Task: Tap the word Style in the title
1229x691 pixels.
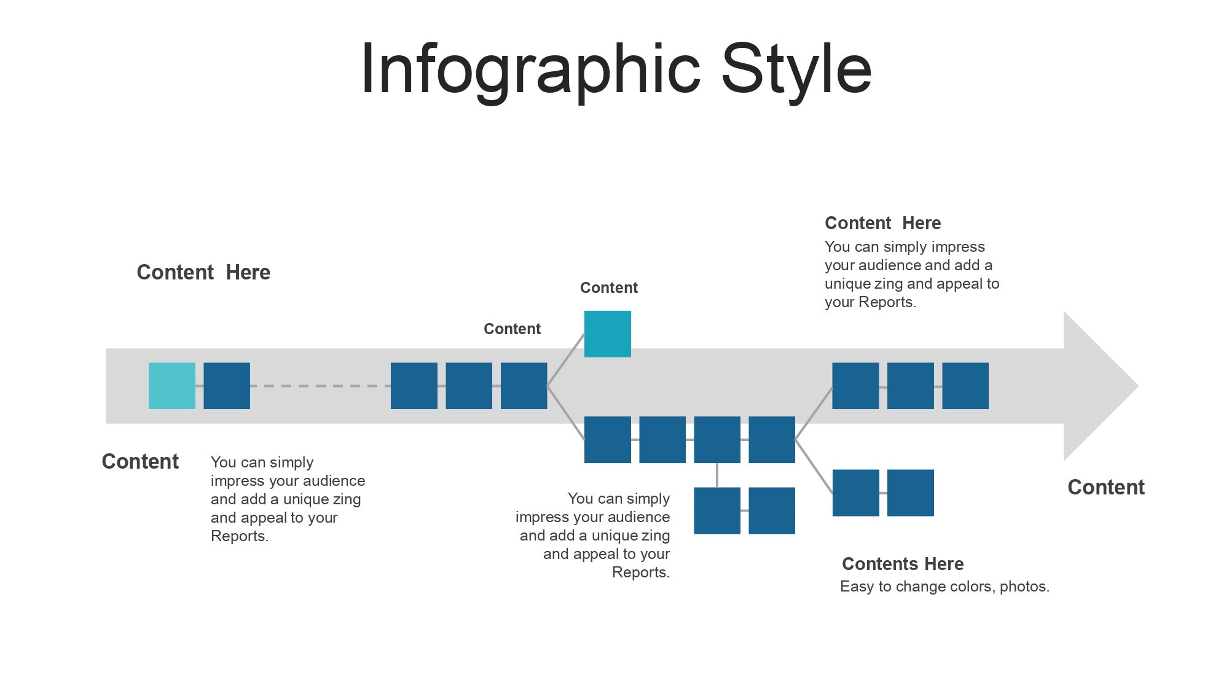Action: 796,69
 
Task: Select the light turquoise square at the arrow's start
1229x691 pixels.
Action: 172,386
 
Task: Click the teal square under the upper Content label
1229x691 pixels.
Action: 608,334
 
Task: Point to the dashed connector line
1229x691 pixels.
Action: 320,386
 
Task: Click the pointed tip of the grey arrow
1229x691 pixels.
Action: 1138,386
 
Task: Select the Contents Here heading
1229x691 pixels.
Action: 903,564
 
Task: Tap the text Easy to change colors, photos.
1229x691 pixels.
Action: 944,587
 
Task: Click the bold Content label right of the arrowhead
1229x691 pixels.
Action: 1106,487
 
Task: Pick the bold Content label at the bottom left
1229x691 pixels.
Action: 140,461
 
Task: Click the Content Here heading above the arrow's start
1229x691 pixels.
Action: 203,272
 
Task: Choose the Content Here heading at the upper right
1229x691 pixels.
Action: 882,223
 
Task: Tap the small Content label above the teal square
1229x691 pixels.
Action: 609,287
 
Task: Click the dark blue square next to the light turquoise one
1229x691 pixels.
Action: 227,386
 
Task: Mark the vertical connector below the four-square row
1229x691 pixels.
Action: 717,475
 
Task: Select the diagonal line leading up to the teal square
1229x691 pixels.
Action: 565,360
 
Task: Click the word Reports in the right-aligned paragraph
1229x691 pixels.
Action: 639,572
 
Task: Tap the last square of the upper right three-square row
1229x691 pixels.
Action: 965,386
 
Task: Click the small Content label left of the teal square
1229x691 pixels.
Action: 512,329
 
